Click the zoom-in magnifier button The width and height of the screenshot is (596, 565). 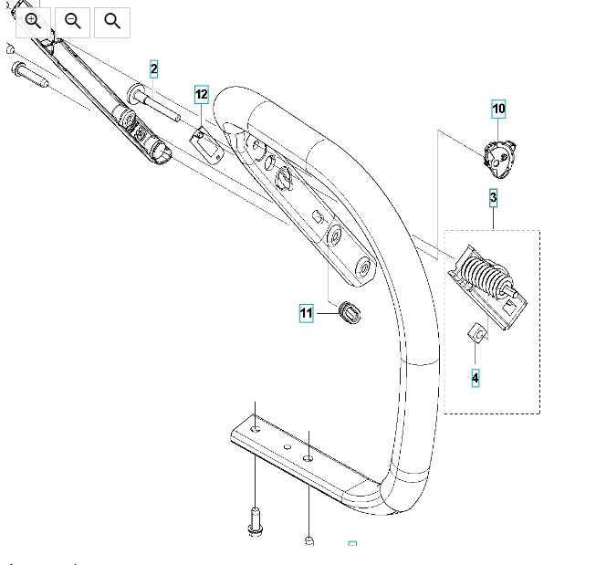(33, 22)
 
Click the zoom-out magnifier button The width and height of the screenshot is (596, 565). (73, 22)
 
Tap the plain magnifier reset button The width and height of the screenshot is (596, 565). (112, 22)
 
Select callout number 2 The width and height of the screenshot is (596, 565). (153, 69)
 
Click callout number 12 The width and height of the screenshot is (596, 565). (202, 94)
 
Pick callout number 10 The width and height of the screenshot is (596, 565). (498, 109)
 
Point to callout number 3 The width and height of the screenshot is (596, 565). (493, 198)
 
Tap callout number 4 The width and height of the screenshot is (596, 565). (476, 378)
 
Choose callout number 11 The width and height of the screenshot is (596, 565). (307, 313)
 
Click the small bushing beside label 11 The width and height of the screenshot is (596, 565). (350, 312)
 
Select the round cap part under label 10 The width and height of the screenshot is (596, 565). (499, 159)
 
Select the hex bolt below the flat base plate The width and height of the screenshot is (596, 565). (255, 521)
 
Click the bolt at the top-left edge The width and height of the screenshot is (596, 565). (30, 74)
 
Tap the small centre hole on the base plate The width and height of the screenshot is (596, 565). (288, 446)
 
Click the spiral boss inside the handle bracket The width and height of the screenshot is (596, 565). (284, 177)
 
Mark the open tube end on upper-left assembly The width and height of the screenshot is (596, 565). (162, 152)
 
